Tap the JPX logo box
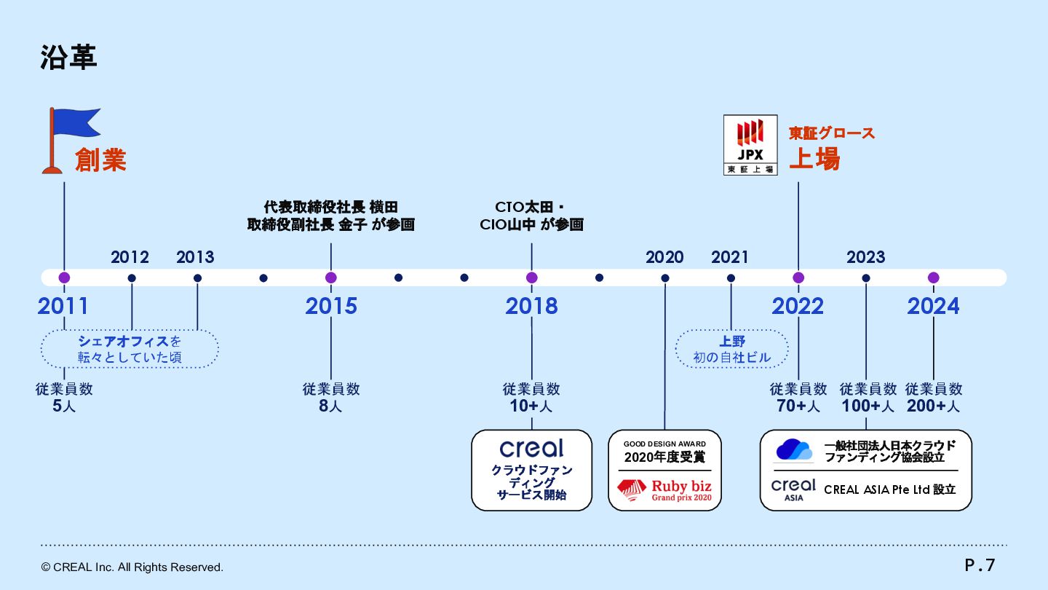(x=750, y=144)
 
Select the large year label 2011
(x=63, y=307)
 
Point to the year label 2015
(x=331, y=307)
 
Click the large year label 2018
(x=531, y=307)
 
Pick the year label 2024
(x=933, y=307)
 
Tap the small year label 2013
(x=195, y=257)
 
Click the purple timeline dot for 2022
(x=798, y=278)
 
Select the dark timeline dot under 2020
(x=665, y=278)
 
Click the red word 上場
(x=814, y=158)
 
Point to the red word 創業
(x=100, y=160)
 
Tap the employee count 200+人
(x=933, y=406)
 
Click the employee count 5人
(x=64, y=406)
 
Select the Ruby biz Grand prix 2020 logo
(x=664, y=489)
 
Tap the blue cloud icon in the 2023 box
(x=794, y=450)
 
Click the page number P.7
(x=980, y=565)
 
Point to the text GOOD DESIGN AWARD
(x=664, y=444)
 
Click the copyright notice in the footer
(x=132, y=567)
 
